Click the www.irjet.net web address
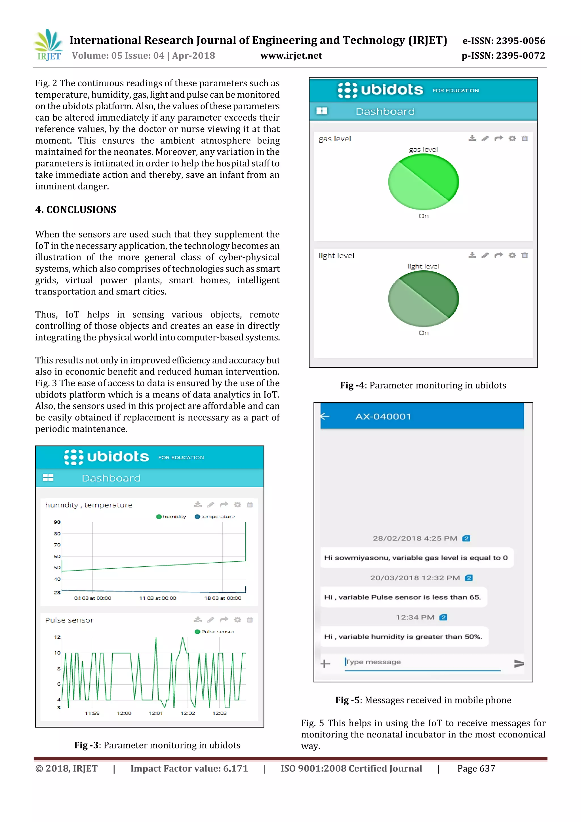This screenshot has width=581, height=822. click(291, 56)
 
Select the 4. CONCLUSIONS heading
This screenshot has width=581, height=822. click(75, 210)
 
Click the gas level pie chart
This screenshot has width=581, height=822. click(423, 182)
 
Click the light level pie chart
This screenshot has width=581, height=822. click(423, 299)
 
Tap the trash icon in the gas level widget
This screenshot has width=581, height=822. click(525, 138)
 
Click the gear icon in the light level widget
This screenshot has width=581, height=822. click(512, 255)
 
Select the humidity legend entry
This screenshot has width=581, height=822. click(171, 517)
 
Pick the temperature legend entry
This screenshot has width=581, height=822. click(214, 517)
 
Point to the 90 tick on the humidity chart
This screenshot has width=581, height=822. click(57, 522)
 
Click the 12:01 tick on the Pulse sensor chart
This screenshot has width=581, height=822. click(156, 713)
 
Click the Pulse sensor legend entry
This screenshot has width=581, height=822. click(214, 632)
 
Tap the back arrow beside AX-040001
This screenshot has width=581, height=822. click(325, 416)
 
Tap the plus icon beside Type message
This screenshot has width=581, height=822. click(325, 664)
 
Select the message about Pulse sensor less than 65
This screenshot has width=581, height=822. click(402, 597)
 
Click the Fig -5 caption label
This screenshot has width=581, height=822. click(347, 700)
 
